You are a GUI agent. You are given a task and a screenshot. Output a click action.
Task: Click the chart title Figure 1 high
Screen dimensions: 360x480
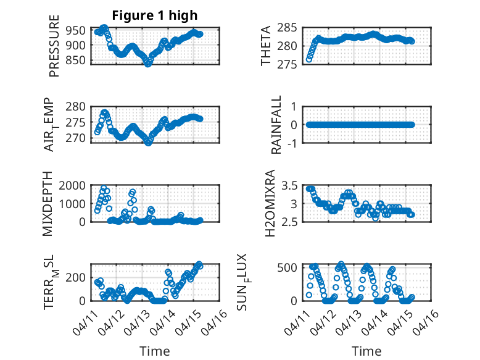(x=154, y=15)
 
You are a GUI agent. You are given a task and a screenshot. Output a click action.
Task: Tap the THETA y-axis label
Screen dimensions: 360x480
(x=266, y=46)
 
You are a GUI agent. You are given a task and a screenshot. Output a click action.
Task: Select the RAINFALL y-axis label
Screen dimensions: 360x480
(x=276, y=125)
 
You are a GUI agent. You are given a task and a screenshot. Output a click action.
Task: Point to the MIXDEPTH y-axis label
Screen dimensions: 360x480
(x=48, y=204)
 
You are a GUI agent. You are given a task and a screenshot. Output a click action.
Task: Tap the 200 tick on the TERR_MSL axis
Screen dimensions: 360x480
(x=77, y=277)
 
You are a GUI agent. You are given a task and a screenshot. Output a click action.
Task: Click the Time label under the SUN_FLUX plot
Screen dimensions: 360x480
(x=366, y=351)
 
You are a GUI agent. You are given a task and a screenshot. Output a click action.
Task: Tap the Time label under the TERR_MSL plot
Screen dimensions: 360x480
(x=154, y=351)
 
